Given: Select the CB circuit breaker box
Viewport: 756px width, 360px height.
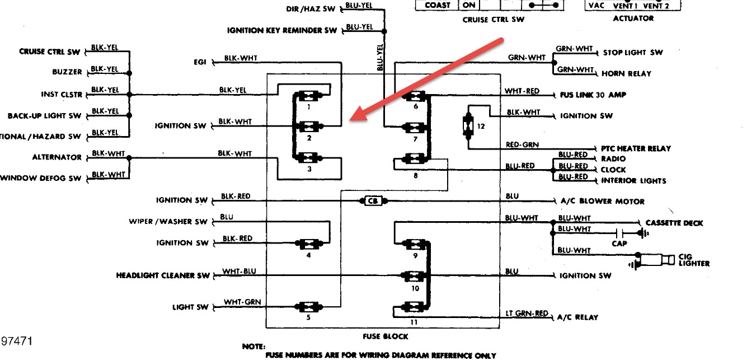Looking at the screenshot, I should [372, 200].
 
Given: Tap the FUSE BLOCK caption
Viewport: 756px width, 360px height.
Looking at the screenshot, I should [386, 336].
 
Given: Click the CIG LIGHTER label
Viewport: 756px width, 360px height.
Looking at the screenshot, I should [693, 260].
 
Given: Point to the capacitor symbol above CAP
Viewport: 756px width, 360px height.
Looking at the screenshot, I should [619, 232].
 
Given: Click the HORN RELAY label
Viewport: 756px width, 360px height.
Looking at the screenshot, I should [626, 73].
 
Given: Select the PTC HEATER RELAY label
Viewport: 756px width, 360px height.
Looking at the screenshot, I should [636, 148].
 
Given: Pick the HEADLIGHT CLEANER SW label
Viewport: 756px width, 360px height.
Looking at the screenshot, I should [162, 275].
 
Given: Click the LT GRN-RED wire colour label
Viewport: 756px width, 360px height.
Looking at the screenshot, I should [526, 314].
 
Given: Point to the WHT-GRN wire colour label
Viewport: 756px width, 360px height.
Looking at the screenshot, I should [242, 302].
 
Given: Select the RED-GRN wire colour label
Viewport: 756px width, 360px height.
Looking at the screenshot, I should [523, 144].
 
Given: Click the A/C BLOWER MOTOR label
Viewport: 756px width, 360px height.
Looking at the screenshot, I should [602, 201].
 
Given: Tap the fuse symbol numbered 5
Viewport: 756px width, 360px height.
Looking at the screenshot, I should [308, 307].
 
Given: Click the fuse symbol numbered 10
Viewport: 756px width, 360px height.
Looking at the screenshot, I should [414, 275].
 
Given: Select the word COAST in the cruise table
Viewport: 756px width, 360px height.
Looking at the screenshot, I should [437, 5].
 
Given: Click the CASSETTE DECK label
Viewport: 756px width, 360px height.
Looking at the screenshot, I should [674, 223].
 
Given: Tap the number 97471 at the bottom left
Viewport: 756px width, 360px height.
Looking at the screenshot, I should [16, 341].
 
